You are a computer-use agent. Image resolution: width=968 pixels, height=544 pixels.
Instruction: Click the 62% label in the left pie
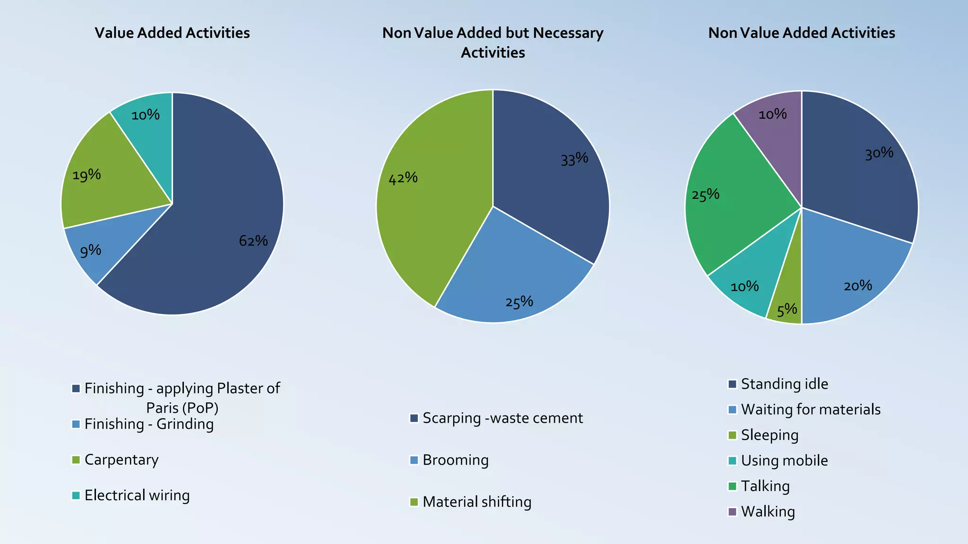click(x=253, y=241)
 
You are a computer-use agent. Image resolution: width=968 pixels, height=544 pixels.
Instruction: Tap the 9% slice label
click(x=90, y=251)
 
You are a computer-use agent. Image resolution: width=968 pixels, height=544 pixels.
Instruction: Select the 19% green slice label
click(x=86, y=175)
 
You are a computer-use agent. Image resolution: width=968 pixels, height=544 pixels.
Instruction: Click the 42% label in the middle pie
click(x=403, y=178)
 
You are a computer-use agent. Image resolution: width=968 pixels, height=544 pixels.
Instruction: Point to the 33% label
click(x=574, y=159)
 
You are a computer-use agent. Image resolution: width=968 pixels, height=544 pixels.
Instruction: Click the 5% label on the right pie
click(x=787, y=310)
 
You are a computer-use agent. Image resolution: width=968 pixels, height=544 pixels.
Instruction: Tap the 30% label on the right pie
click(x=879, y=153)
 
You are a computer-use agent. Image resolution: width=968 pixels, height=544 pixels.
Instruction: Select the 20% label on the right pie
click(x=857, y=285)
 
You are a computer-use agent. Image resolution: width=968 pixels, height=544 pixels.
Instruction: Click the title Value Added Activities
click(x=172, y=33)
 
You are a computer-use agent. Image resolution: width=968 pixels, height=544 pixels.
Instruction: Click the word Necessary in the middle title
click(x=568, y=33)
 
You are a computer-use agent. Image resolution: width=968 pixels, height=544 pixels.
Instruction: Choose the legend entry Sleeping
click(x=769, y=435)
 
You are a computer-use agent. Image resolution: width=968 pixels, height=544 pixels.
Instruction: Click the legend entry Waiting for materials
click(x=810, y=409)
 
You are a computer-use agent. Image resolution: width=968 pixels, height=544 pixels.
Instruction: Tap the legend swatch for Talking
click(x=733, y=486)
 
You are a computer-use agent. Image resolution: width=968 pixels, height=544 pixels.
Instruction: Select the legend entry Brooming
click(x=455, y=460)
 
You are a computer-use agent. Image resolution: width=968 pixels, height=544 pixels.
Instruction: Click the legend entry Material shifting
click(x=476, y=501)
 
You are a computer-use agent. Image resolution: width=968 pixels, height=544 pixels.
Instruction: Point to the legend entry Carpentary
click(x=121, y=459)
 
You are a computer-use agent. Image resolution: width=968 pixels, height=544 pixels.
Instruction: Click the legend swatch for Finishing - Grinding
click(x=76, y=424)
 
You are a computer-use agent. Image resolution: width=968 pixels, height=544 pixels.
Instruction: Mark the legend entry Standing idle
click(x=784, y=384)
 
